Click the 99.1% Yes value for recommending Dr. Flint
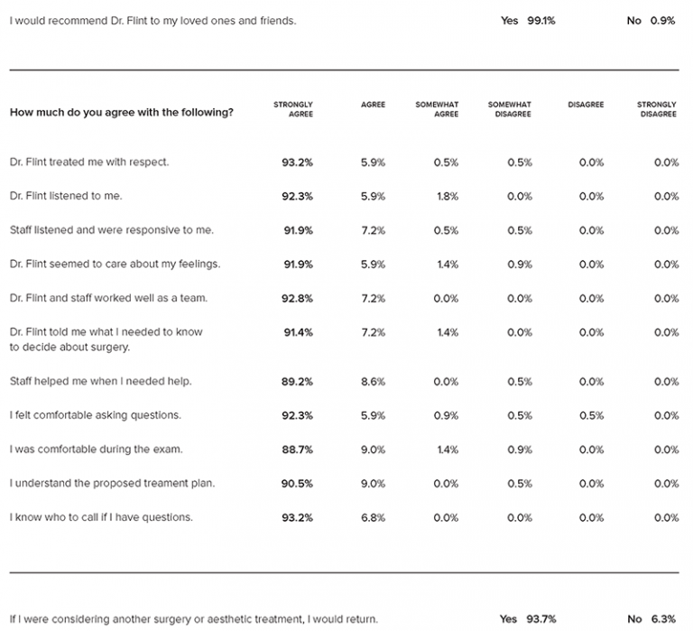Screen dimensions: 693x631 (541, 21)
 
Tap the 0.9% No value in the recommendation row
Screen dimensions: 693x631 (662, 21)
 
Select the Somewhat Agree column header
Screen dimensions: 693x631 (437, 109)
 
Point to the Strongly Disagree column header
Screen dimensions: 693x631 (656, 109)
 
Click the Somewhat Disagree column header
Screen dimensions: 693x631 (509, 109)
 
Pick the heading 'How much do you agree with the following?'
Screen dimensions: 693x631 (122, 112)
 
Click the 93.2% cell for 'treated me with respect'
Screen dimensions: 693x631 (297, 162)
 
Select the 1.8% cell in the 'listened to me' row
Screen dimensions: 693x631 (448, 196)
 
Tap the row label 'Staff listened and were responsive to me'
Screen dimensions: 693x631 (111, 230)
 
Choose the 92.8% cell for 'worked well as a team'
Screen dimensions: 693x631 (297, 299)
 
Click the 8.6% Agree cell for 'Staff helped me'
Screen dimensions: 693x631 (373, 382)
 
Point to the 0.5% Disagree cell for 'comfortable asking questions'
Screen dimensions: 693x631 (591, 415)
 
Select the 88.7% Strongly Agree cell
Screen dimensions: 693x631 (297, 450)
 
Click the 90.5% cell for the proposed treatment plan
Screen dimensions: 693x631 (297, 484)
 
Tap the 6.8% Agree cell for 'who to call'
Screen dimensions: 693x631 (373, 518)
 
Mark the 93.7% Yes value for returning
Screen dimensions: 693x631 (541, 619)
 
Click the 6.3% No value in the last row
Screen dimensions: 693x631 (663, 619)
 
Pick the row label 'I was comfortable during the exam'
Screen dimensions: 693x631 (96, 450)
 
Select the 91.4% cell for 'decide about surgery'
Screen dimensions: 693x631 (299, 332)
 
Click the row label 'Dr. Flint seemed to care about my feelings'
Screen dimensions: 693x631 (115, 264)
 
